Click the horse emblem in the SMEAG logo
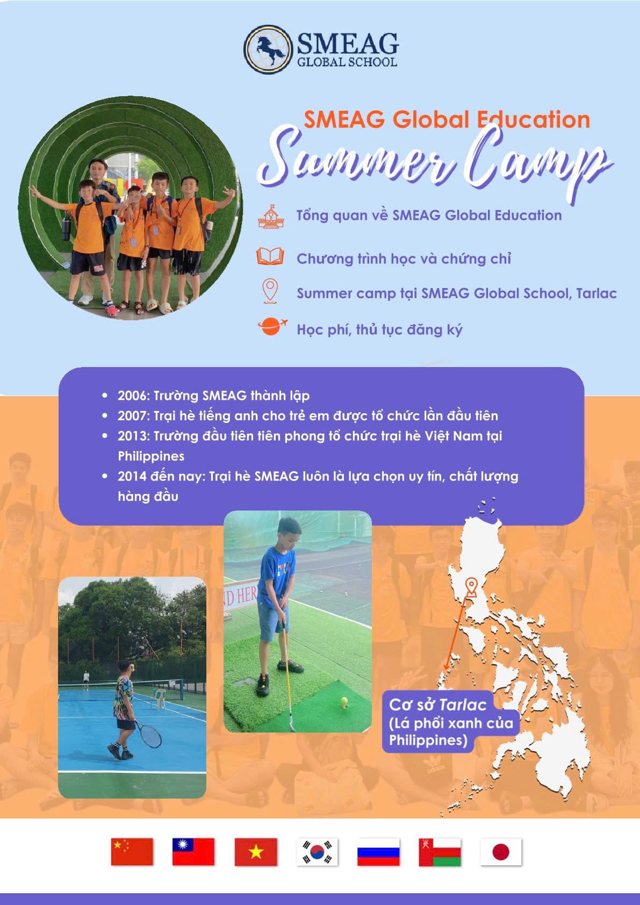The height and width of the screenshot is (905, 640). (268, 49)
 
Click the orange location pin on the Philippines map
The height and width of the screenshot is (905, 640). (471, 587)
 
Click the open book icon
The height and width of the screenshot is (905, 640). (270, 256)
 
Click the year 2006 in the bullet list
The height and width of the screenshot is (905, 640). (133, 396)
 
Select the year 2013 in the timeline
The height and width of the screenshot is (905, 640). (133, 436)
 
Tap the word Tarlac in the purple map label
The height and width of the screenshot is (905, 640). (463, 705)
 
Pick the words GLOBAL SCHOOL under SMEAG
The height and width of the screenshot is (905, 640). (347, 62)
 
